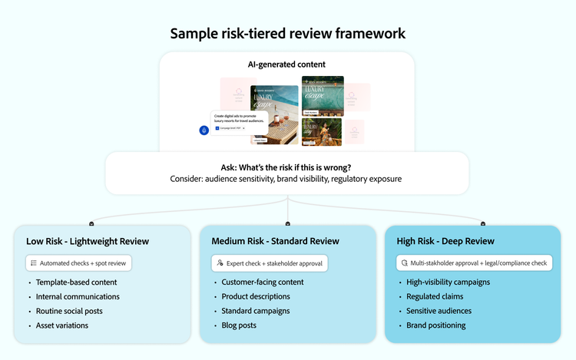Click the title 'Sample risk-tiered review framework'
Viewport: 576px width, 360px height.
(x=287, y=33)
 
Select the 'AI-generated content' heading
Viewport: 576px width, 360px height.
(x=287, y=65)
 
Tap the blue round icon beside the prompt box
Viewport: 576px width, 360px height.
(x=204, y=130)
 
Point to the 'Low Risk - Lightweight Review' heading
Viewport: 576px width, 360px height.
(x=88, y=241)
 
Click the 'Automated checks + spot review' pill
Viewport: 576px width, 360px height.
(x=80, y=263)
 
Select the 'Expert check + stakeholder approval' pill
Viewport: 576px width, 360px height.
(x=270, y=263)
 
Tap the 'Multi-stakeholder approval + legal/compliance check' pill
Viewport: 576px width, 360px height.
(x=474, y=263)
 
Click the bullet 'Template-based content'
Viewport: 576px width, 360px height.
(x=76, y=282)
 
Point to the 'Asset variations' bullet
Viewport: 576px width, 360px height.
(x=61, y=325)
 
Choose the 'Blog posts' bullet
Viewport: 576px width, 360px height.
(x=240, y=325)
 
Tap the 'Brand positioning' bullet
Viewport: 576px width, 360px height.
(x=436, y=325)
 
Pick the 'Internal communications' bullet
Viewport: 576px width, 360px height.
(x=78, y=296)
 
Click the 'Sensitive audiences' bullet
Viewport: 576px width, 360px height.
(x=439, y=311)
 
